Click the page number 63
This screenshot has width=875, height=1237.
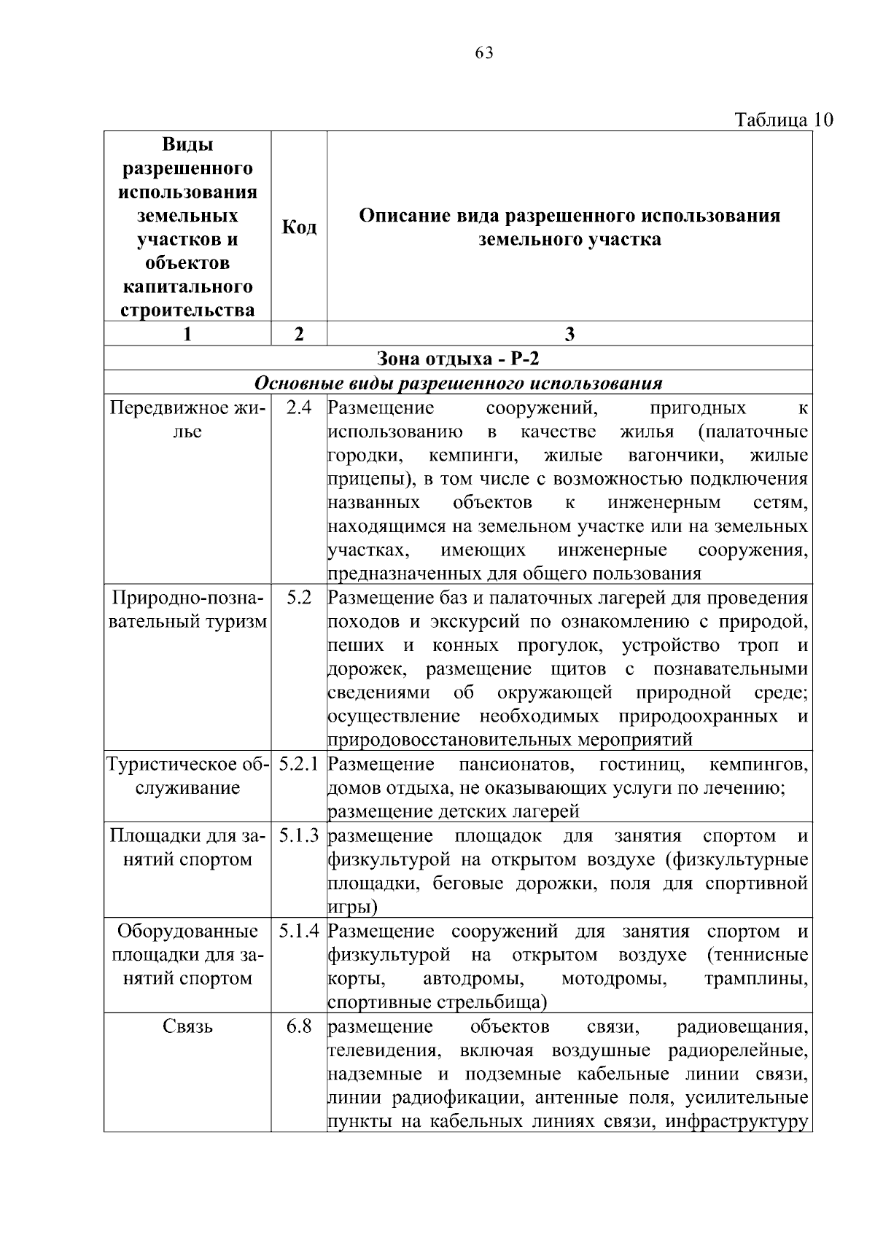(x=483, y=52)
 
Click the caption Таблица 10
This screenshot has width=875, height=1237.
(x=783, y=120)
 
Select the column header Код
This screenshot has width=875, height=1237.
(x=299, y=227)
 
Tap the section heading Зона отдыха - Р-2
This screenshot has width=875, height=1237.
(x=458, y=358)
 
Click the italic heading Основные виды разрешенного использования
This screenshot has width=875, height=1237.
(x=458, y=383)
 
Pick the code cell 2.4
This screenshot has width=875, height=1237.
(x=299, y=408)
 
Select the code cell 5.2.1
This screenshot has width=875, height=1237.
(x=299, y=765)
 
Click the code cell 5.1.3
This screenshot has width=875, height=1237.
(x=299, y=836)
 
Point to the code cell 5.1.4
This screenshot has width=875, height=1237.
(x=299, y=931)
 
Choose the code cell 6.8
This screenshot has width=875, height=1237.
(x=299, y=1026)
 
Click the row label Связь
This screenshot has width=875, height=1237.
(x=187, y=1027)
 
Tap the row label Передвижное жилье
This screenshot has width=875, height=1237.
(x=187, y=420)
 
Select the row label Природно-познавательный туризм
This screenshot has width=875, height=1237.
(x=187, y=610)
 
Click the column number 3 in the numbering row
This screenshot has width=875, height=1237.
(x=569, y=334)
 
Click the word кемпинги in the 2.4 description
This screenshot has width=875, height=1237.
(x=473, y=456)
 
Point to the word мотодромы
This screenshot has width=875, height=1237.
(x=615, y=978)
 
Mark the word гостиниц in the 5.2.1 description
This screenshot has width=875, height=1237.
(x=641, y=765)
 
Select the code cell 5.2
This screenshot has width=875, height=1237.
(x=299, y=598)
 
